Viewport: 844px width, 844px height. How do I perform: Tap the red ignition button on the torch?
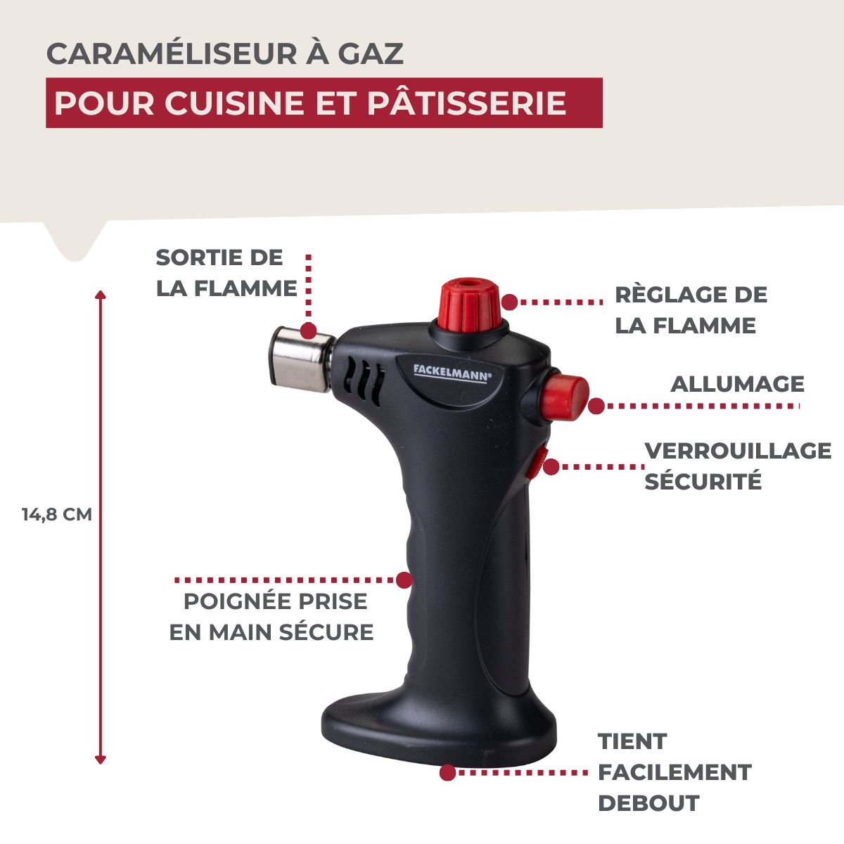point(566,397)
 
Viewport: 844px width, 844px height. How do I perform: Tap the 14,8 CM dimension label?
point(57,514)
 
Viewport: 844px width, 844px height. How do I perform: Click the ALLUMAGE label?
point(737,384)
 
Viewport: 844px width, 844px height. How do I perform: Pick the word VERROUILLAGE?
point(737,451)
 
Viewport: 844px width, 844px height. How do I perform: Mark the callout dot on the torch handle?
point(404,580)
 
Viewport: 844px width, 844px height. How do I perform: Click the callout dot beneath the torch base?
point(447,772)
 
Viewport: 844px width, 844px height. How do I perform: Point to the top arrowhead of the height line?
point(101,293)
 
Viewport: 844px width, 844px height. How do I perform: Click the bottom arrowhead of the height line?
point(101,759)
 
